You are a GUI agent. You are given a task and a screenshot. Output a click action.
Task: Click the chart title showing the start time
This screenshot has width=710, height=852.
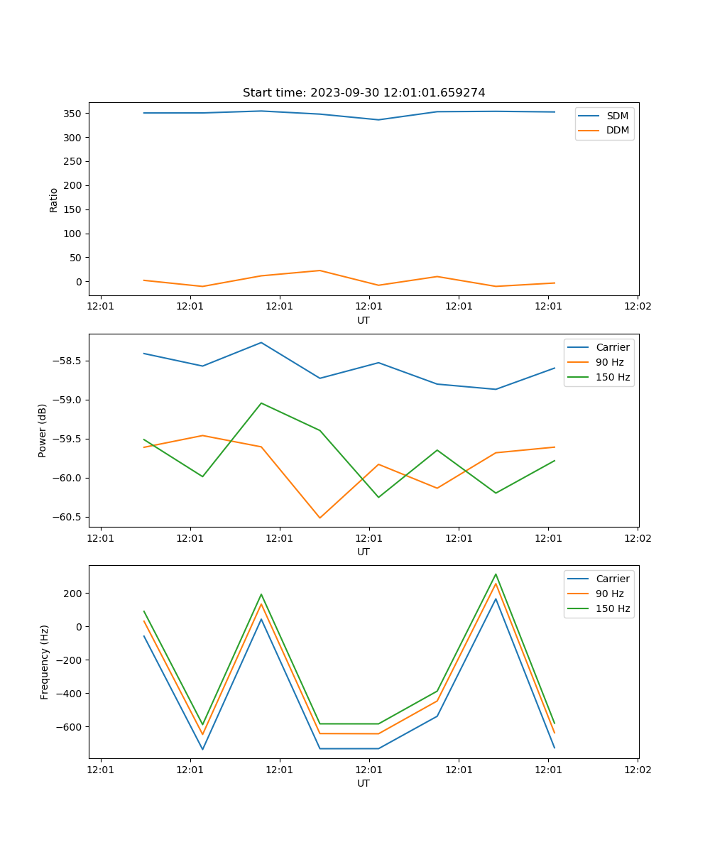tap(364, 93)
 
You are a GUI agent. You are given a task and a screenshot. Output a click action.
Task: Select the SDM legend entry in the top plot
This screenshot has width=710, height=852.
tap(617, 116)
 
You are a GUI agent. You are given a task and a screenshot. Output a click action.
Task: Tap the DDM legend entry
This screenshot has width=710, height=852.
tap(617, 130)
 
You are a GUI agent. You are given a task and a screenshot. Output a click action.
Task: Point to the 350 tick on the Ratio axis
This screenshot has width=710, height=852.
tap(73, 114)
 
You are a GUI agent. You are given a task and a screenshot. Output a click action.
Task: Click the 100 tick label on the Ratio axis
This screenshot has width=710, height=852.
tap(73, 234)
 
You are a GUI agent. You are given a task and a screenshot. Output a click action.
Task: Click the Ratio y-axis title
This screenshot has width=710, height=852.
tap(53, 200)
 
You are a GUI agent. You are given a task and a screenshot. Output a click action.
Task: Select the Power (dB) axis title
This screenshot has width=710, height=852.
tap(43, 430)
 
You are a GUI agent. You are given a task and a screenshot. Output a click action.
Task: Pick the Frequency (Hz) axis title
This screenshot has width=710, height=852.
tap(44, 662)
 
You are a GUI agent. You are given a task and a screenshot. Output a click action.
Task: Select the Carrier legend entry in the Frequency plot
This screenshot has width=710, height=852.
tap(612, 579)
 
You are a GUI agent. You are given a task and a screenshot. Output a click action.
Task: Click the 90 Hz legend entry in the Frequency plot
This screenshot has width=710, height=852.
tap(609, 594)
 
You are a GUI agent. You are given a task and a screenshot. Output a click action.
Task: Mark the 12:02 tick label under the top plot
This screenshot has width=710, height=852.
tap(637, 307)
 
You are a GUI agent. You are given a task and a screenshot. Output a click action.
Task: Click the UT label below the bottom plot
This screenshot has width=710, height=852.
tap(364, 783)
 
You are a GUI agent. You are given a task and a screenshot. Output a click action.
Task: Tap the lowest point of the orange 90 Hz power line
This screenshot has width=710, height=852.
tap(320, 518)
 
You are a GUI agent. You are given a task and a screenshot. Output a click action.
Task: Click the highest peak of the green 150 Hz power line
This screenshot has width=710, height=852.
tap(261, 403)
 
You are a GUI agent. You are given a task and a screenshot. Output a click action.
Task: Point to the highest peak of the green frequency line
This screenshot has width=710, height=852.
tap(496, 574)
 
